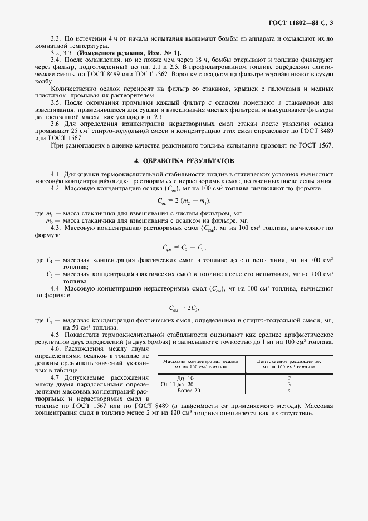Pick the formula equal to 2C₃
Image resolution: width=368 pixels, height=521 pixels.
point(184,307)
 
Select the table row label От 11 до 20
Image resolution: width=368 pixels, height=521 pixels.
point(177,384)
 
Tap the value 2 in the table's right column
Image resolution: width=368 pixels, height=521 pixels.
point(289,378)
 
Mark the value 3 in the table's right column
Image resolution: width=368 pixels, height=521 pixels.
point(289,384)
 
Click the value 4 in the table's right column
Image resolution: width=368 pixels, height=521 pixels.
point(289,391)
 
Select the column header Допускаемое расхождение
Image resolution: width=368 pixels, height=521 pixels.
point(289,365)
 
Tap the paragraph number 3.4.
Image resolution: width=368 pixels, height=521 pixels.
point(55,59)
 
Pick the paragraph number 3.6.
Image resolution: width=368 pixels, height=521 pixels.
point(55,124)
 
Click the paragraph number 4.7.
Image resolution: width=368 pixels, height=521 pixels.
point(55,377)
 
